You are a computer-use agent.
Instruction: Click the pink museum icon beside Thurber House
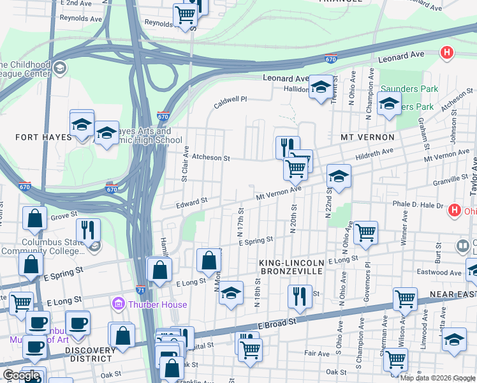click(x=117, y=304)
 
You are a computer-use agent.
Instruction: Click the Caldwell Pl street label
click(x=230, y=101)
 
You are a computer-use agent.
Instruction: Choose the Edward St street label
click(x=192, y=202)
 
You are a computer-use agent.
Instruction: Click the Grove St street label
click(x=64, y=216)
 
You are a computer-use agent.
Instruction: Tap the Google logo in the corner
click(x=20, y=375)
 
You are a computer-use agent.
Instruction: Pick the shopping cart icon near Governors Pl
click(x=365, y=233)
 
